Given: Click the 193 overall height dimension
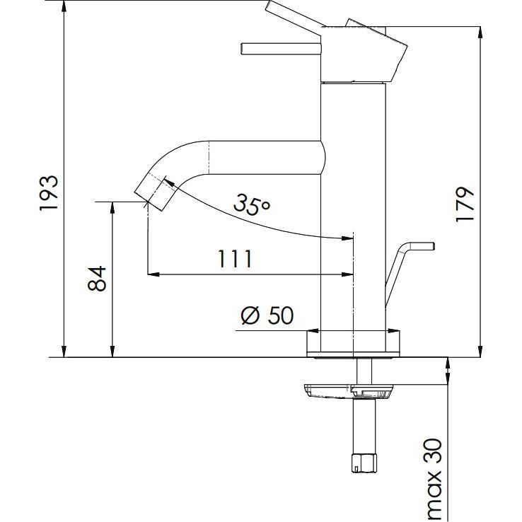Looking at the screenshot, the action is click(50, 193).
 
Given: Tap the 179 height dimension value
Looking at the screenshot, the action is click(465, 204).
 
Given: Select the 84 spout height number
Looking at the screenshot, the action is click(96, 279).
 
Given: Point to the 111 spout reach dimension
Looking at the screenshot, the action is click(235, 259).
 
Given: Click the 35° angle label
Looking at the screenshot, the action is click(251, 204).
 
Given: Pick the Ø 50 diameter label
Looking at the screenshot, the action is click(267, 315).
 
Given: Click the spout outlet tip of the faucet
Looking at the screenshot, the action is click(149, 201).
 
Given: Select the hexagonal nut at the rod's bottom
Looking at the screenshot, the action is click(364, 463).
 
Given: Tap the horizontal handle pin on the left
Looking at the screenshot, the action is click(281, 49).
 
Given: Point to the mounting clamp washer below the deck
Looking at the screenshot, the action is click(348, 391).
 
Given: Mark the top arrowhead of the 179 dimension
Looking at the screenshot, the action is click(480, 33).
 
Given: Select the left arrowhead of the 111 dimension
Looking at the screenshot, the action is click(153, 274).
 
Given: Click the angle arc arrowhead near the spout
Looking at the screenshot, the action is click(168, 182).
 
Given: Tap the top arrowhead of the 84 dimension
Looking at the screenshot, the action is click(112, 208).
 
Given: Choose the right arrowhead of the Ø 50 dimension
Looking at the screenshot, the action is click(393, 331).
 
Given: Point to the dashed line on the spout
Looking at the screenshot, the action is click(209, 157).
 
